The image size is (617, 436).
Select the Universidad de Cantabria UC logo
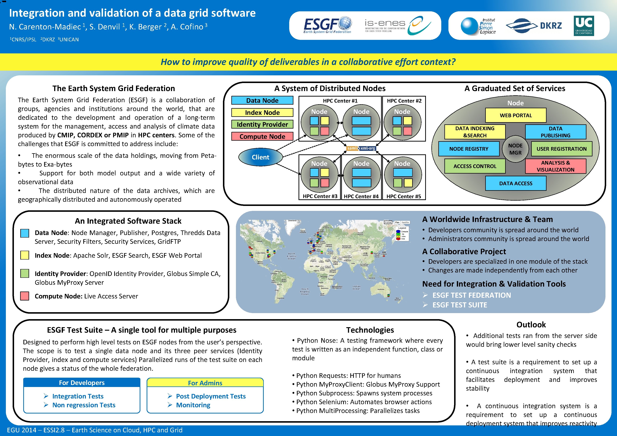point(584,25)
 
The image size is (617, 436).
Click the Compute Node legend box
point(262,136)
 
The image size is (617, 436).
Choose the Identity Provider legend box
point(262,124)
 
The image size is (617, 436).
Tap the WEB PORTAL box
point(515,115)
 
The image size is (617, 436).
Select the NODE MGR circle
point(515,149)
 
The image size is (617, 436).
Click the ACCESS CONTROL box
point(475,166)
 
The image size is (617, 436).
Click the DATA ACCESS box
point(515,183)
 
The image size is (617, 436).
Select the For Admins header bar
point(205,383)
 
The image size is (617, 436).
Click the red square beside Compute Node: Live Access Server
point(25,296)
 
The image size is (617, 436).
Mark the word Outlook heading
point(531,325)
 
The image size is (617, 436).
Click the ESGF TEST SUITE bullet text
point(460,305)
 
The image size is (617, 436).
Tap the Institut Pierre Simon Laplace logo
point(478,26)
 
